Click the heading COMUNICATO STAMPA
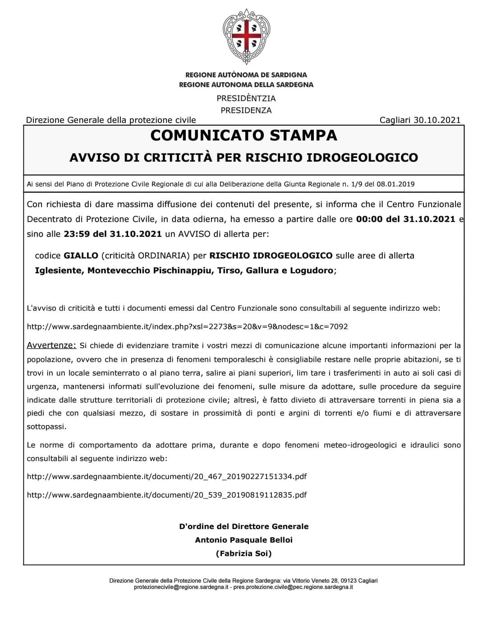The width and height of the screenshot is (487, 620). coord(243,136)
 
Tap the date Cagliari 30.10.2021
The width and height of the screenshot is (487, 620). coord(420,120)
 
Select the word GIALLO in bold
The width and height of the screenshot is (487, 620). coord(81,256)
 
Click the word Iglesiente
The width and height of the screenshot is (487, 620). coord(58,271)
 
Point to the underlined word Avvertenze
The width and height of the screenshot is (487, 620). coord(51,346)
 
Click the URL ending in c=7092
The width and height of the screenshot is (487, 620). coord(187,326)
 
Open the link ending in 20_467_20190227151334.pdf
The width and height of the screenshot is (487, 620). coord(167,476)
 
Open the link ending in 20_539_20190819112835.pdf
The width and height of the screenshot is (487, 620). coord(167,495)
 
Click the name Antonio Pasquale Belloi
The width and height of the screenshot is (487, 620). coord(243,540)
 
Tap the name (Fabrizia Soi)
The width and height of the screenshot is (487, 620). coord(243,553)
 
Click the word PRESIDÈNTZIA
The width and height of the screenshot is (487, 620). coord(246,99)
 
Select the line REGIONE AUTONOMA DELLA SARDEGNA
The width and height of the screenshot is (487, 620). coord(246,85)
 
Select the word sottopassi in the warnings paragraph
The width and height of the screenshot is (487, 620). coord(46,427)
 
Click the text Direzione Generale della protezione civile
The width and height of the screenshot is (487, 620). coord(111,120)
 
